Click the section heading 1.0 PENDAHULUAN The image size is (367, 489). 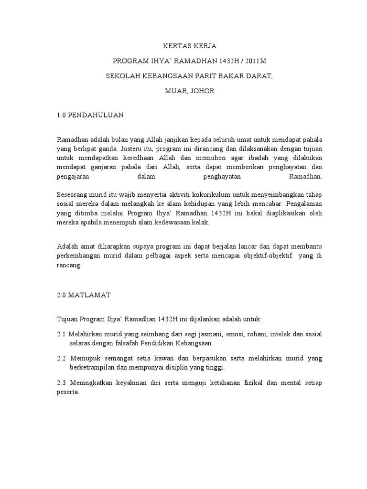[x=90, y=115]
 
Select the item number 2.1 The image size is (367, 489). [x=62, y=334]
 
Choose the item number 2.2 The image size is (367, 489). [x=62, y=358]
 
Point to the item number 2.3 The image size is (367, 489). [x=62, y=383]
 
